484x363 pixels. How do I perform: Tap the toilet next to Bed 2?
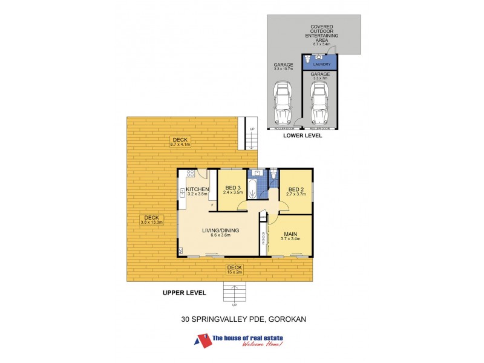[x=273, y=176]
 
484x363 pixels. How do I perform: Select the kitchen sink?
[x=181, y=193]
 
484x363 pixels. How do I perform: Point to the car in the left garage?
[x=283, y=104]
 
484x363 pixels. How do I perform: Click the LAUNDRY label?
[x=321, y=62]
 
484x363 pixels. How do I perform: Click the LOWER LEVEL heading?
[x=302, y=136]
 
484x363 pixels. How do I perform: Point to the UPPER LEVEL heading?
[x=185, y=293]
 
